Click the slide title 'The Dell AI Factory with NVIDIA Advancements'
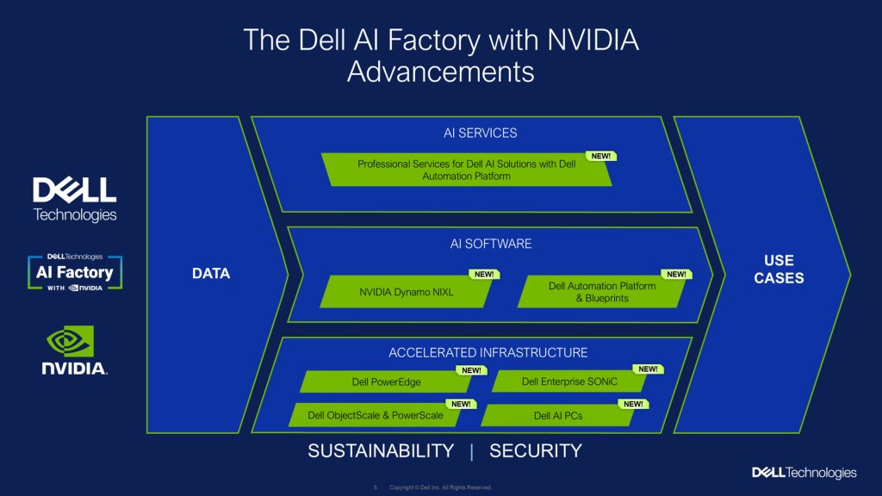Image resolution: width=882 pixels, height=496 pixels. [x=441, y=55]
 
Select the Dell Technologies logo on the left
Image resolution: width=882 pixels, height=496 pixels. [x=74, y=200]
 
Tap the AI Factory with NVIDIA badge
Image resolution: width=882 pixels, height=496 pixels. [x=74, y=272]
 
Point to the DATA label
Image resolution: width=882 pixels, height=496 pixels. [x=211, y=274]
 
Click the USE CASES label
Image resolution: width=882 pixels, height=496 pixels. [x=779, y=269]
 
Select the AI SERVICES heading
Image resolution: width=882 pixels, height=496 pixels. [x=480, y=133]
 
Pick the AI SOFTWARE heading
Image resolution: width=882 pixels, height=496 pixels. [x=490, y=244]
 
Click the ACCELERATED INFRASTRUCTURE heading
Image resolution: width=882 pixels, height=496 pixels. [x=488, y=352]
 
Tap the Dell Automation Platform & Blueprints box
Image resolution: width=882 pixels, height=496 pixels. [x=602, y=292]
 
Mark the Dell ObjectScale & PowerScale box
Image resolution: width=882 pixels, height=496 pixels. [x=376, y=415]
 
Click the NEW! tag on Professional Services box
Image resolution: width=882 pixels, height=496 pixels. [x=600, y=156]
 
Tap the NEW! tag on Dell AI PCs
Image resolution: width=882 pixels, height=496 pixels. [x=633, y=403]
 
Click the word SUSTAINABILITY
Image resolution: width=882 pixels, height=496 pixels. [x=381, y=450]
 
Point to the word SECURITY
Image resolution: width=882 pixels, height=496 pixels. [x=535, y=450]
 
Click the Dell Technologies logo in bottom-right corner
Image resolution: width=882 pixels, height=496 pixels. [x=804, y=472]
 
